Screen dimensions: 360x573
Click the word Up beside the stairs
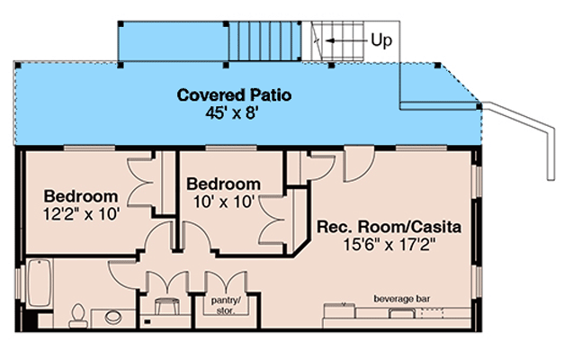[x=381, y=40]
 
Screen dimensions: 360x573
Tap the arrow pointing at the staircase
[x=342, y=40]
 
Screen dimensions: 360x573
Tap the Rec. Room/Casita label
[x=389, y=228]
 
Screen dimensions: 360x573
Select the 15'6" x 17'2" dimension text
[x=389, y=245]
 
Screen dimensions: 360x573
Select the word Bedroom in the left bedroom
[x=81, y=196]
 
